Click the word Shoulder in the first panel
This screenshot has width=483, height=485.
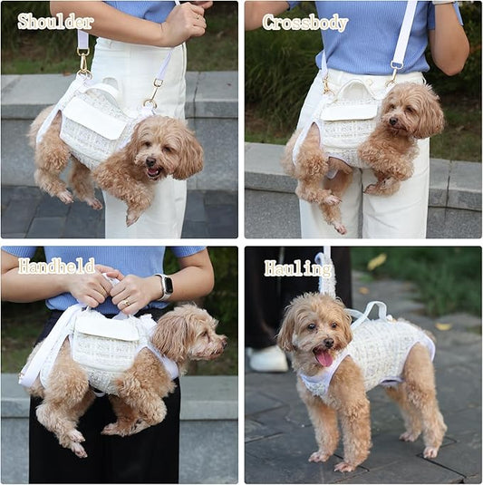[55, 21]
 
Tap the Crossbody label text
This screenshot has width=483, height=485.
[304, 23]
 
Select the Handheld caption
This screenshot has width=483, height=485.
[56, 267]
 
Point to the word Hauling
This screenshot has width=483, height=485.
[298, 268]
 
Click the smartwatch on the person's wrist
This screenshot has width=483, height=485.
[165, 286]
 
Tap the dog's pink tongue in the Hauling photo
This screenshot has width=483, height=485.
[324, 357]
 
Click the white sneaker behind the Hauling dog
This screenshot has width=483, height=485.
[268, 359]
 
